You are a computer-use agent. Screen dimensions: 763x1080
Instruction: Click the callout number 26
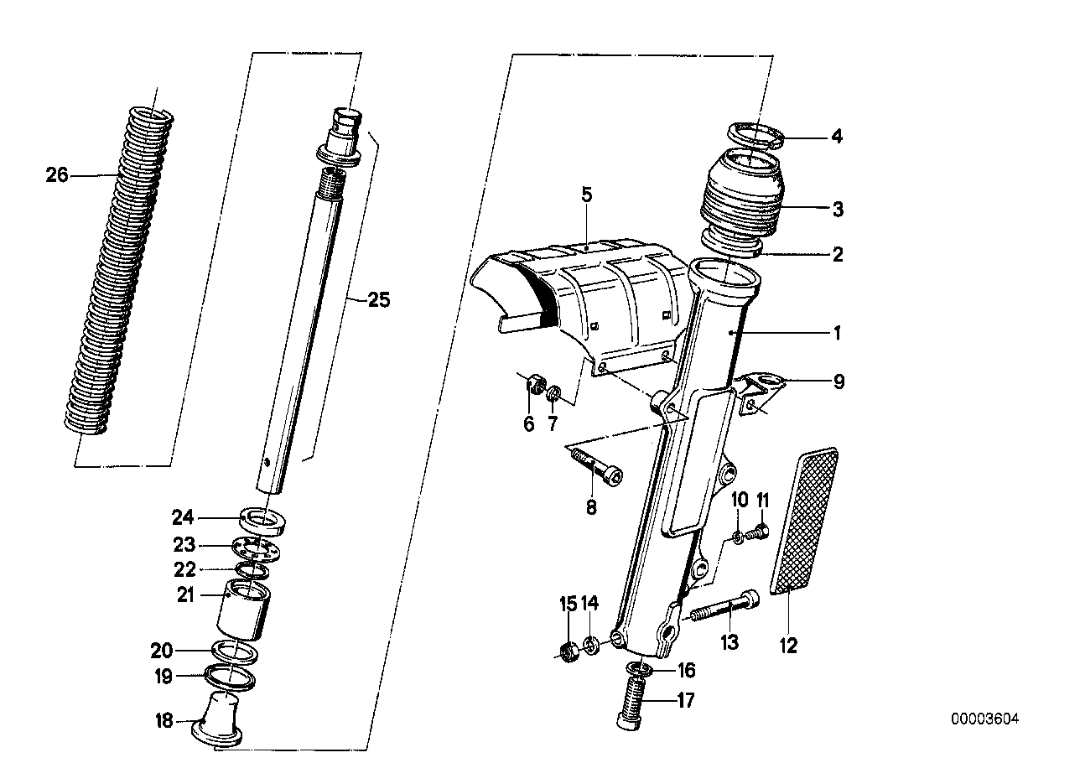57,175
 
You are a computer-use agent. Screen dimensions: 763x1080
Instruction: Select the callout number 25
379,299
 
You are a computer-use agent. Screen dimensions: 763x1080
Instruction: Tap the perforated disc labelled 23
257,549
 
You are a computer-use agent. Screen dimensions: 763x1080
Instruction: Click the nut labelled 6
530,387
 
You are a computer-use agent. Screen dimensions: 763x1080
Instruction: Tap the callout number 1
835,333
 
